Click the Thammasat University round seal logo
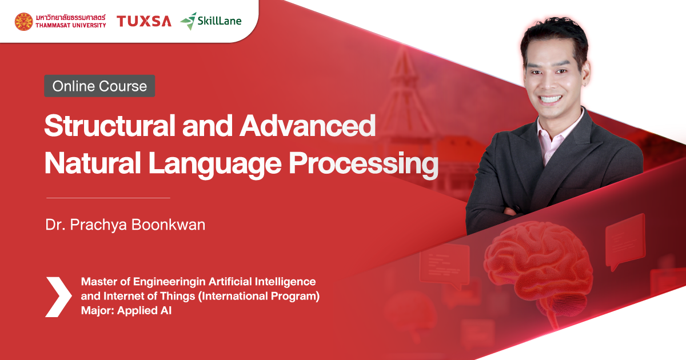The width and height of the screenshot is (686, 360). [24, 22]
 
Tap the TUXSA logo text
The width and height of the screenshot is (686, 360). [144, 22]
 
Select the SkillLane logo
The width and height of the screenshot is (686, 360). [211, 21]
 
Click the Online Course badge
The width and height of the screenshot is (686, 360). [99, 86]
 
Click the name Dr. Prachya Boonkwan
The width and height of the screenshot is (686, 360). [125, 225]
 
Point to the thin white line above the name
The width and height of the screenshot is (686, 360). [108, 198]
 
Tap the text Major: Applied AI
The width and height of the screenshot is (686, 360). [126, 311]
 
